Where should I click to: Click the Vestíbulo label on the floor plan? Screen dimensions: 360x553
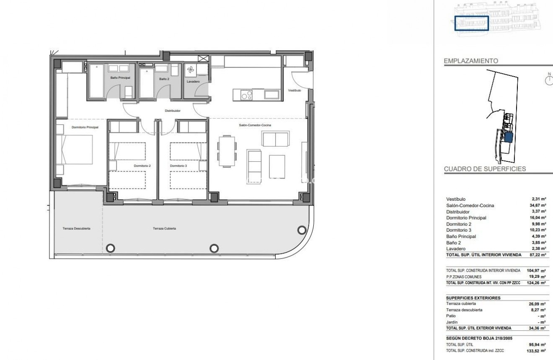pyautogui.click(x=295, y=91)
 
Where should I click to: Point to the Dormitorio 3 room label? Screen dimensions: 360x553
pyautogui.click(x=178, y=166)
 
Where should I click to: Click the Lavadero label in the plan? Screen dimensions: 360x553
pyautogui.click(x=193, y=81)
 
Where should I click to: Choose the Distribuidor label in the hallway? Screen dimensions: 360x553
pyautogui.click(x=173, y=111)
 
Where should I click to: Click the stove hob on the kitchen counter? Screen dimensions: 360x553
pyautogui.click(x=247, y=95)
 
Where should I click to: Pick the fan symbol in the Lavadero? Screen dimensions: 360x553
pyautogui.click(x=190, y=70)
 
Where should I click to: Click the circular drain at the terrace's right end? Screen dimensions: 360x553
pyautogui.click(x=301, y=230)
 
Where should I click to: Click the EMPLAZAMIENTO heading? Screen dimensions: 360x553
pyautogui.click(x=471, y=61)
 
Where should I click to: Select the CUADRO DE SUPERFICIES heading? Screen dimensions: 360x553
pyautogui.click(x=485, y=169)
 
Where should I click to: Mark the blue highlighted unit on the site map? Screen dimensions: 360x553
pyautogui.click(x=508, y=137)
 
